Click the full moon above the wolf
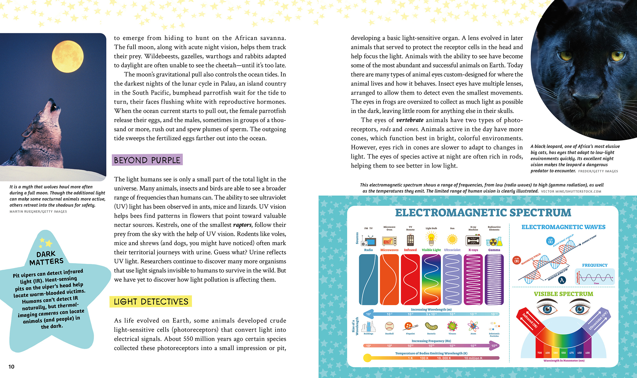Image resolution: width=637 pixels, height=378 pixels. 68,56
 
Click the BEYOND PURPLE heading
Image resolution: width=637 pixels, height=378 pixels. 147,160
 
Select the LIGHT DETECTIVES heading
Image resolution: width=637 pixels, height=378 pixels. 151,302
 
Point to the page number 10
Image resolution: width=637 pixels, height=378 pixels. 11,367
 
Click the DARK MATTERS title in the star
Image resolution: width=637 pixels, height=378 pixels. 46,258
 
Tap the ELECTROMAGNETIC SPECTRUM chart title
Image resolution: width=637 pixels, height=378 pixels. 483,213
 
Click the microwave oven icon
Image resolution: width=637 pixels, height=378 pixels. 389,241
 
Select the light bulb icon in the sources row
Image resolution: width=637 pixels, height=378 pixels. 431,238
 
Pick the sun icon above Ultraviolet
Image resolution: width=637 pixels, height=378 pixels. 452,240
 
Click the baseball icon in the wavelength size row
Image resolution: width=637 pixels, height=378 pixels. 389,326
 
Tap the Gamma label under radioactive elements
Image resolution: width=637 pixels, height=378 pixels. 494,250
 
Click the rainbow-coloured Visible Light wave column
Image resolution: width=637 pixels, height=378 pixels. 431,279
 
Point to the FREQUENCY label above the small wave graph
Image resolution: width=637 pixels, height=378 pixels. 595,265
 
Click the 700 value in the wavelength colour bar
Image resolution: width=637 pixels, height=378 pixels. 539,353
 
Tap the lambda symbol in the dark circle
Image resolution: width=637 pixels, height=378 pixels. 562,280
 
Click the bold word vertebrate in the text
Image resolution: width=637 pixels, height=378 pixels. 410,120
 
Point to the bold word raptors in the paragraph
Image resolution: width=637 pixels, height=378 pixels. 242,225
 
